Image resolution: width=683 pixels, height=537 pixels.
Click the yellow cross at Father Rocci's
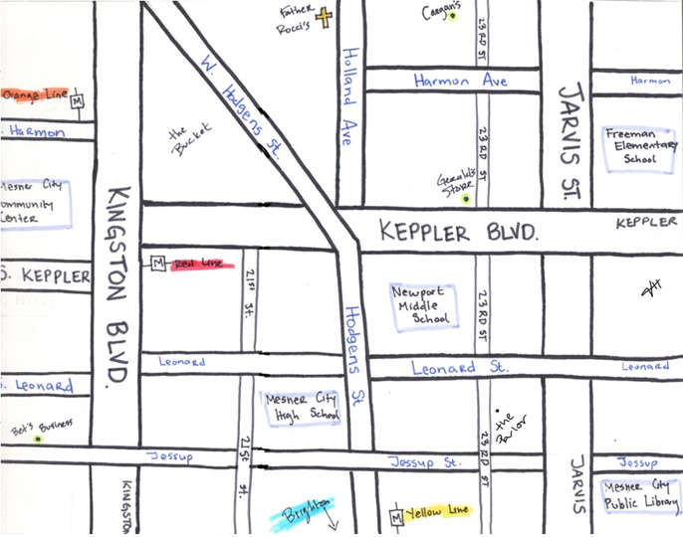click(324, 17)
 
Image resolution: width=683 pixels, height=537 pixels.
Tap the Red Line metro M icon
click(157, 264)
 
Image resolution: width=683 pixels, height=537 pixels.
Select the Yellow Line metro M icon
click(397, 516)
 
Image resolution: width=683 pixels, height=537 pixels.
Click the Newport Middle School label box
click(424, 305)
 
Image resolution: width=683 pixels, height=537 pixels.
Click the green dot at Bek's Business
click(38, 438)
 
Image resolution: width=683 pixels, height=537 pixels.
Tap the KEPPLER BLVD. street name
click(460, 235)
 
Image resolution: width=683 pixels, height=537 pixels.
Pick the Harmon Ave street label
click(460, 80)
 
